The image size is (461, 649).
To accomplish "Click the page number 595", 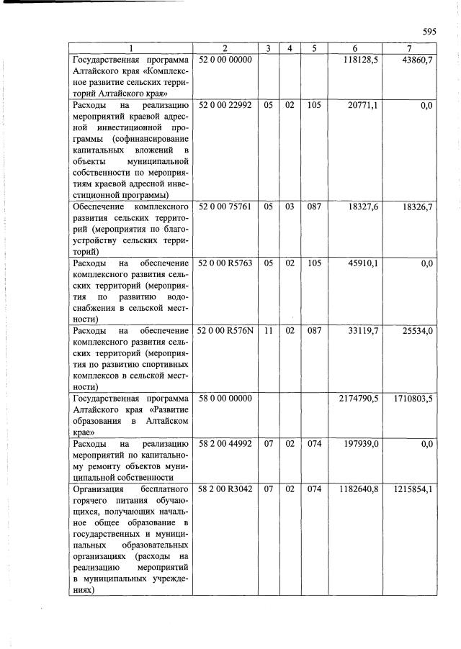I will click(x=429, y=32).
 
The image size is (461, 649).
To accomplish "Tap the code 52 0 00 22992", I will click(x=225, y=105).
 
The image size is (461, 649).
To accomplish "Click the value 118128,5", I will click(x=363, y=59).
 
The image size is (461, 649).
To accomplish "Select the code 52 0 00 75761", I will click(x=225, y=206).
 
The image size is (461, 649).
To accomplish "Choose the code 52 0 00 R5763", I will click(x=225, y=263).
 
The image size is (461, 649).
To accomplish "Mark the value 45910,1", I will click(x=363, y=263).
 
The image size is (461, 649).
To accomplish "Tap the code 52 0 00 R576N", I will click(x=225, y=331).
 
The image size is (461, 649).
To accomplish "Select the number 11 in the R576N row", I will click(x=267, y=331).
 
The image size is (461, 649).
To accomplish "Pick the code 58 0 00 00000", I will click(x=225, y=399).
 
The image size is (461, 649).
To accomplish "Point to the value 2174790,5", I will click(x=358, y=399).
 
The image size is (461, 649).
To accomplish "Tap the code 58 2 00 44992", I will click(x=225, y=444).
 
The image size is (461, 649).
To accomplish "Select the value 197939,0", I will click(x=361, y=444).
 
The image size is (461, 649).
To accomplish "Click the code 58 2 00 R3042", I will click(x=225, y=489).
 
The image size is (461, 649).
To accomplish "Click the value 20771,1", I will click(x=363, y=105).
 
